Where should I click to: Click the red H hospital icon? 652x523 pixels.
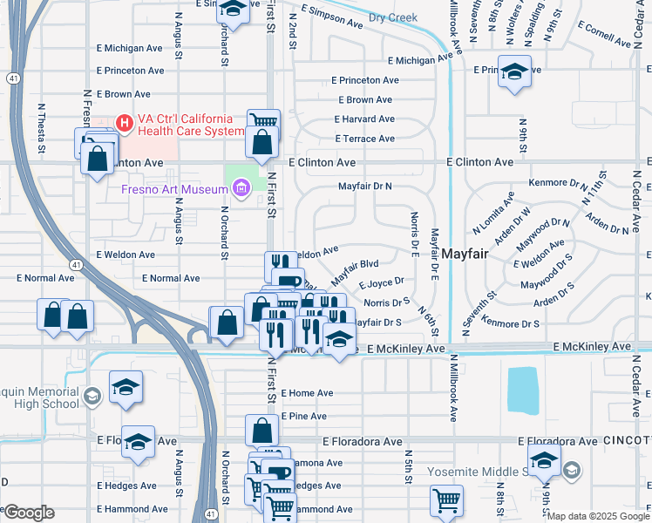point(125,123)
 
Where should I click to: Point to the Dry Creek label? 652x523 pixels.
point(393,17)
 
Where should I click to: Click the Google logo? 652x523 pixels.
point(29,513)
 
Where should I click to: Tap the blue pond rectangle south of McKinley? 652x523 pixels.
point(521,389)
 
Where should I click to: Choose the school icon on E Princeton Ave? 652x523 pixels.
point(514,73)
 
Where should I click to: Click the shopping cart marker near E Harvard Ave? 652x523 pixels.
point(262,121)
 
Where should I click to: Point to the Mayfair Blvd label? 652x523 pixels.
point(354,267)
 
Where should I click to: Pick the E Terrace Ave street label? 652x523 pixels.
point(364,139)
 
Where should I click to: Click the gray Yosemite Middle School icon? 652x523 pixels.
point(571,472)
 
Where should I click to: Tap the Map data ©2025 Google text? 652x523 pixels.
point(598,516)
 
